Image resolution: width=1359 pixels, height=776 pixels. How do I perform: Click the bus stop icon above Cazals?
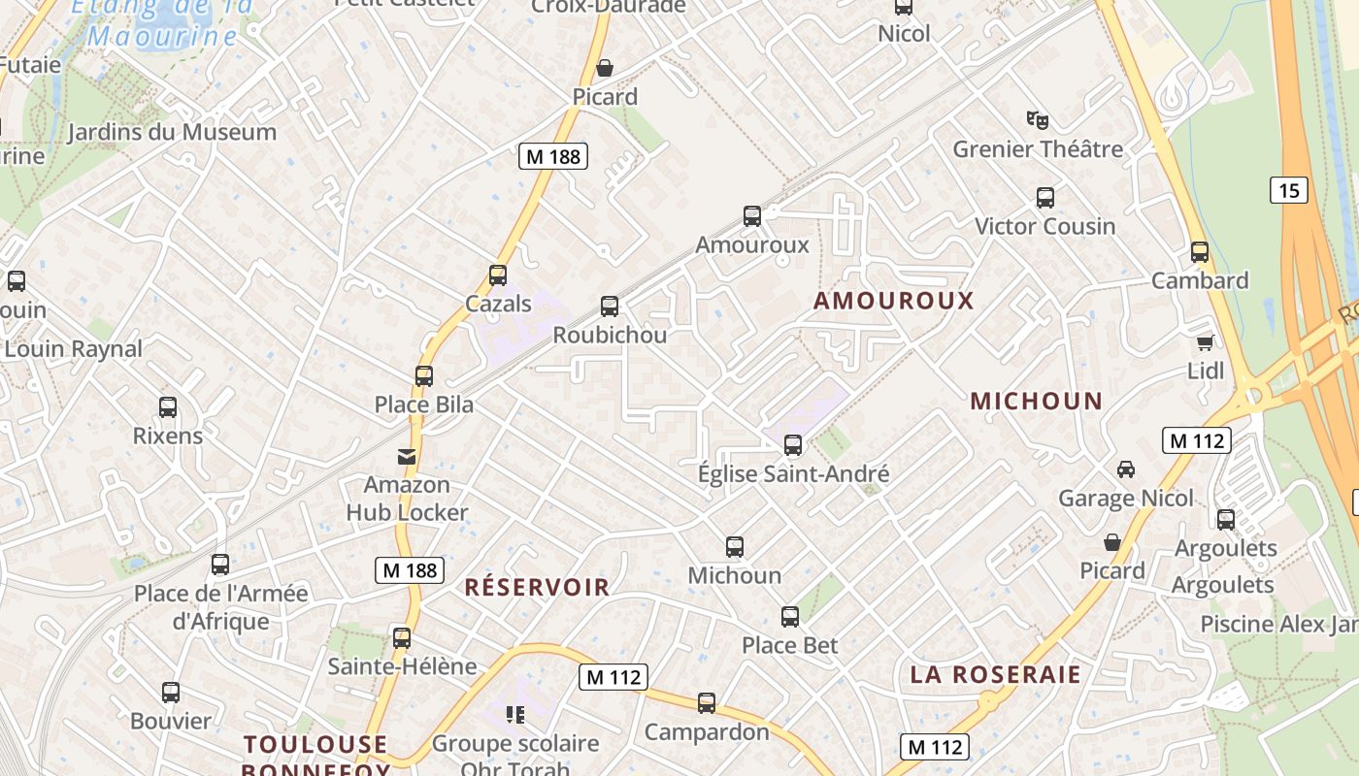(498, 275)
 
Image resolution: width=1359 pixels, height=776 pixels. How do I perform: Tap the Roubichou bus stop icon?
(610, 307)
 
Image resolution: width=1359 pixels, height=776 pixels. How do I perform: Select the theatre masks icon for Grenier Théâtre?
(1038, 120)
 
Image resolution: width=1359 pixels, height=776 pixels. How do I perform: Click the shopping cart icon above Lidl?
(1206, 342)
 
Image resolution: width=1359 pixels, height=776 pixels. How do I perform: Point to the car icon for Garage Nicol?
(1126, 469)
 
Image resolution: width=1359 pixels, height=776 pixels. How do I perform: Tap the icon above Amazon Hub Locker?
(407, 456)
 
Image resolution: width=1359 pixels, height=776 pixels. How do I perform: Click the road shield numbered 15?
(1288, 190)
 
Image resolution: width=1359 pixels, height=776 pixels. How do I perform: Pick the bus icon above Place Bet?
(790, 617)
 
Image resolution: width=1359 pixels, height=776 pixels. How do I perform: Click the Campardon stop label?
(707, 731)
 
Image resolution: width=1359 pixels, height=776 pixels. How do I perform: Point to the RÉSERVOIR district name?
(537, 587)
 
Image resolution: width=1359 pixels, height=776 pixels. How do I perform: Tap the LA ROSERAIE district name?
(995, 675)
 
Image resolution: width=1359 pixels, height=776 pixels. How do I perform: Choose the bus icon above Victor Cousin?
(1045, 198)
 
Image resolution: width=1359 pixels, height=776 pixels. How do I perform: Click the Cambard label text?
(1200, 280)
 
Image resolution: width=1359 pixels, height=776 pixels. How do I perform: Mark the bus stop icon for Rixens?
(168, 407)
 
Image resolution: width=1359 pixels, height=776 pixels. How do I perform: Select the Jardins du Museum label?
(172, 132)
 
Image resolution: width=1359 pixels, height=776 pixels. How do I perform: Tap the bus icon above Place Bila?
(424, 376)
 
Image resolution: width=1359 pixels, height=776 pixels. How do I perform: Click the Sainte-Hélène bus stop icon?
(402, 638)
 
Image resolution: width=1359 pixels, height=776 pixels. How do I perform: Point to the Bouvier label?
(171, 721)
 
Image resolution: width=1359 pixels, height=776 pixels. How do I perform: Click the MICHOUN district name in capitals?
(1036, 401)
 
